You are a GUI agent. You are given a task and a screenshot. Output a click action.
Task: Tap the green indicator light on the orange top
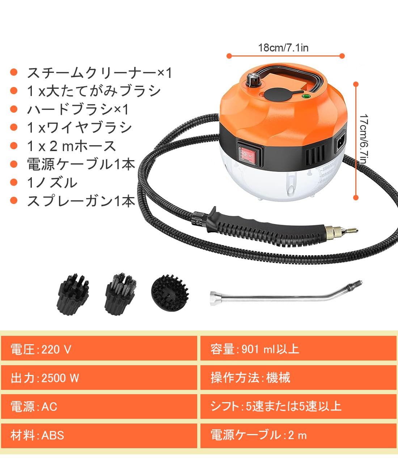click(x=306, y=97)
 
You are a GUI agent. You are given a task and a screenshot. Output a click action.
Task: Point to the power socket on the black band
click(x=340, y=141)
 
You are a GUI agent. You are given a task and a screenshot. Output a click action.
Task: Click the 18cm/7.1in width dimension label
click(x=283, y=48)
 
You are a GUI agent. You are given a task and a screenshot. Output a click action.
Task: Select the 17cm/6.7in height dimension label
click(x=364, y=139)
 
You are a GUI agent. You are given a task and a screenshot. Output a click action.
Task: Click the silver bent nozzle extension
click(x=286, y=293)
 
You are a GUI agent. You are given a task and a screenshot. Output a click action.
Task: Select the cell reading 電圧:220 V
click(x=99, y=349)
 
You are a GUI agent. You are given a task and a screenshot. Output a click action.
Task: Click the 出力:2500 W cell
click(x=99, y=378)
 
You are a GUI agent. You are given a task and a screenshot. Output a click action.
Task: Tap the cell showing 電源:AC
click(x=99, y=407)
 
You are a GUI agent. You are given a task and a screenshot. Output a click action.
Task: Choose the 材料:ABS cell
click(x=99, y=435)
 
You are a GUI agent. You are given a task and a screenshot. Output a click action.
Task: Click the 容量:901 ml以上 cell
click(x=298, y=349)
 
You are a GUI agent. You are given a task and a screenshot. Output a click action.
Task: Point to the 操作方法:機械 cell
click(x=298, y=378)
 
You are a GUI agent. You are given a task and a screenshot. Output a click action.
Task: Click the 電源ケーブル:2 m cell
click(x=298, y=435)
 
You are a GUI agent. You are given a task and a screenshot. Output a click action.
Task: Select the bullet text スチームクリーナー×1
click(x=99, y=73)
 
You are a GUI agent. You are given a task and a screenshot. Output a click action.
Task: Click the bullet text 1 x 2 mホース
click(x=72, y=146)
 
